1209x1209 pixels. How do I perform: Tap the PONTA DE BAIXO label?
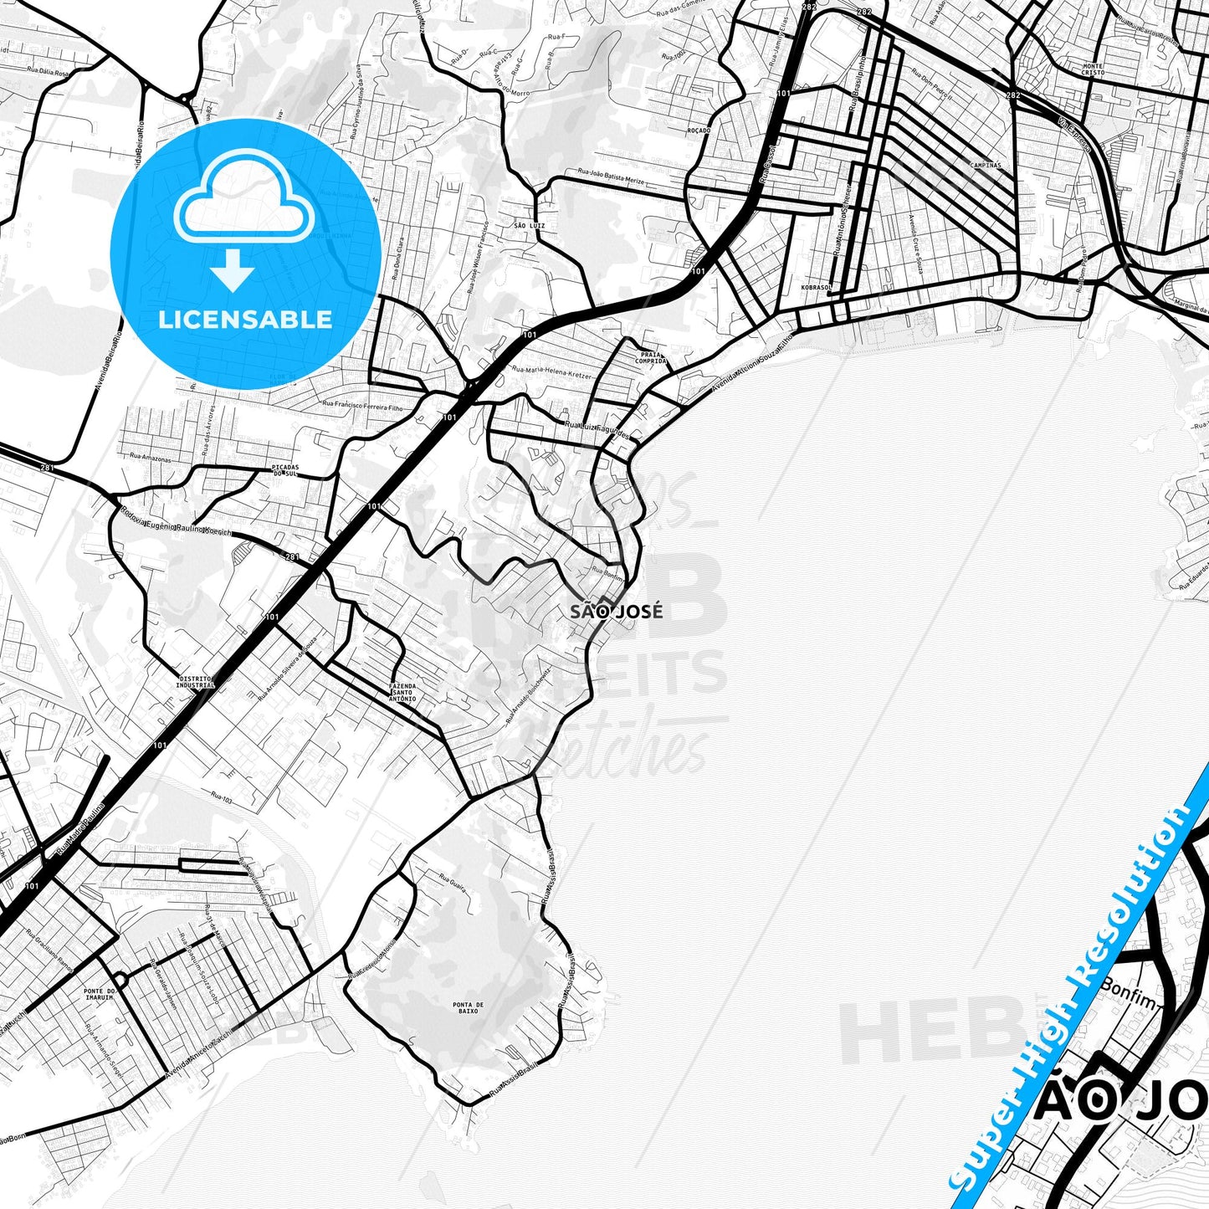pyautogui.click(x=468, y=1007)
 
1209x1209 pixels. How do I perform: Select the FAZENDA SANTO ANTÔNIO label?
pyautogui.click(x=402, y=692)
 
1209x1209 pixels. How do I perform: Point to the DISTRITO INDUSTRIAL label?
pyautogui.click(x=197, y=681)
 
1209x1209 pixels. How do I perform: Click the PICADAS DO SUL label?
pyautogui.click(x=285, y=470)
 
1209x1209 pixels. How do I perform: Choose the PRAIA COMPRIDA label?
pyautogui.click(x=651, y=357)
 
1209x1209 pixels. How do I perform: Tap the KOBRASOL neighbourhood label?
pyautogui.click(x=816, y=287)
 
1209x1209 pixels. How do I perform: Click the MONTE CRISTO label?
pyautogui.click(x=1092, y=69)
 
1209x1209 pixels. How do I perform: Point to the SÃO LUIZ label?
pyautogui.click(x=530, y=226)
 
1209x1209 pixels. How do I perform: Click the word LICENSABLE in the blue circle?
pyautogui.click(x=246, y=320)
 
